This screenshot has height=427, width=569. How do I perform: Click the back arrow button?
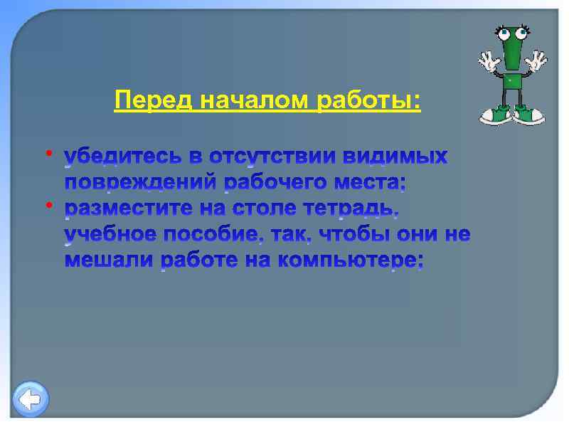coord(31,399)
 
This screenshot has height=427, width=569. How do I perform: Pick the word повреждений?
coord(141,184)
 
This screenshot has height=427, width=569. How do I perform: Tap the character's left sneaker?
coord(496,114)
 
